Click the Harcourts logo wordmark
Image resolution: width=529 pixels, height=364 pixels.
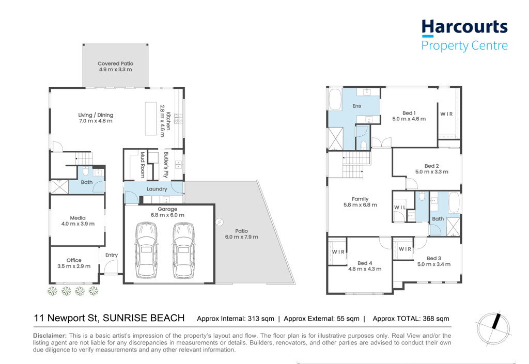464,27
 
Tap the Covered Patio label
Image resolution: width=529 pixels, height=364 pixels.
115,64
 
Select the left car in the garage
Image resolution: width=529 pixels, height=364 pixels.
146,250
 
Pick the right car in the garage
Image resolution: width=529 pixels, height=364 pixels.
184,250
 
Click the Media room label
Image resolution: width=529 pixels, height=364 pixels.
78,218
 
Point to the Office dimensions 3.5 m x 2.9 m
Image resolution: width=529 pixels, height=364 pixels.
74,266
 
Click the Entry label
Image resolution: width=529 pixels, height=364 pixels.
112,255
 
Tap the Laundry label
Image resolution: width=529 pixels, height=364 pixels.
157,189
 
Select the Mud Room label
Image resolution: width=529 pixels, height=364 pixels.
143,165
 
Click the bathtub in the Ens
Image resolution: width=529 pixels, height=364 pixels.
335,100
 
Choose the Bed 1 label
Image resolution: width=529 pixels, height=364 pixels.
409,113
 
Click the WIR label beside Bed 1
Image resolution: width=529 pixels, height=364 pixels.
446,114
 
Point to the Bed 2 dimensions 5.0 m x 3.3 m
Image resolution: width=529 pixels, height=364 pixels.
432,172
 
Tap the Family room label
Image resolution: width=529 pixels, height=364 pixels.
360,199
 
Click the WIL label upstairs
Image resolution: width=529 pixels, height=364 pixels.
400,207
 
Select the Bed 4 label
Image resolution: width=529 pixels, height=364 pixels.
365,263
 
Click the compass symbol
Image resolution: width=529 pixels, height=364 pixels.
493,329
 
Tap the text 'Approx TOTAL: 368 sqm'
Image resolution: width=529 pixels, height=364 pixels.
411,319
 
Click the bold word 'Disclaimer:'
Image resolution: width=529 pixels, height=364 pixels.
50,336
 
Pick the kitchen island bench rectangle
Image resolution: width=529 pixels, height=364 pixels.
151,119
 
